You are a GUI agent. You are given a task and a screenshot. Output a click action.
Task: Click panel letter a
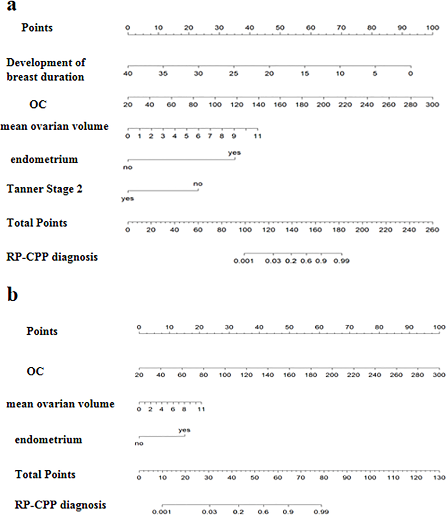point(11,6)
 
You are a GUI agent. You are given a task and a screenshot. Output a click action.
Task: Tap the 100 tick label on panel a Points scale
point(432,28)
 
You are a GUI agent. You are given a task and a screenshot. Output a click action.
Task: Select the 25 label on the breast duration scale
point(234,74)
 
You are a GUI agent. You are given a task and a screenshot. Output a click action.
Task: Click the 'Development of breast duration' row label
point(46,70)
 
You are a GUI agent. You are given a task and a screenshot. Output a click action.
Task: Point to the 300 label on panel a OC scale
point(432,105)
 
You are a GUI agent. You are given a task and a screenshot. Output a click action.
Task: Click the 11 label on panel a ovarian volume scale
point(258,136)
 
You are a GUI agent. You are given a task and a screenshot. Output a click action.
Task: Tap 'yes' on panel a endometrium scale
point(234,153)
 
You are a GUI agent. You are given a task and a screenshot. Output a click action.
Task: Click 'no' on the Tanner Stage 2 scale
point(198,184)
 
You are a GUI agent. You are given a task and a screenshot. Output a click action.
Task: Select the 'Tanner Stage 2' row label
point(44,189)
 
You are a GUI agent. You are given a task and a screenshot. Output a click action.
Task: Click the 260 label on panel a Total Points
point(432,230)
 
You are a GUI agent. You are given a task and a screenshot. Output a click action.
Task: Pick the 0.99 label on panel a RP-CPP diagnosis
point(342,261)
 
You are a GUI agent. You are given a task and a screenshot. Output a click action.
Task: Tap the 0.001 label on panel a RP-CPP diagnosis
point(244,261)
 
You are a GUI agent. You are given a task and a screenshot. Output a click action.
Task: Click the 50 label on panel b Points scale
point(289,327)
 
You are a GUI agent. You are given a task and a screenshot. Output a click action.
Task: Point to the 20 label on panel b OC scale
point(139,375)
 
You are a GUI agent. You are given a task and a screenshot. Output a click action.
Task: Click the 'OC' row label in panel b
point(35,371)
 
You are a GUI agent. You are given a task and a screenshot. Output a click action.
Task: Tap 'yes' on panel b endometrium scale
point(184,430)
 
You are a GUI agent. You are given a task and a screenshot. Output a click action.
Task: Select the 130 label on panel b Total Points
point(439,478)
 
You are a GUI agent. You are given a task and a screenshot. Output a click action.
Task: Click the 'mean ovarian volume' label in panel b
point(60,404)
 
